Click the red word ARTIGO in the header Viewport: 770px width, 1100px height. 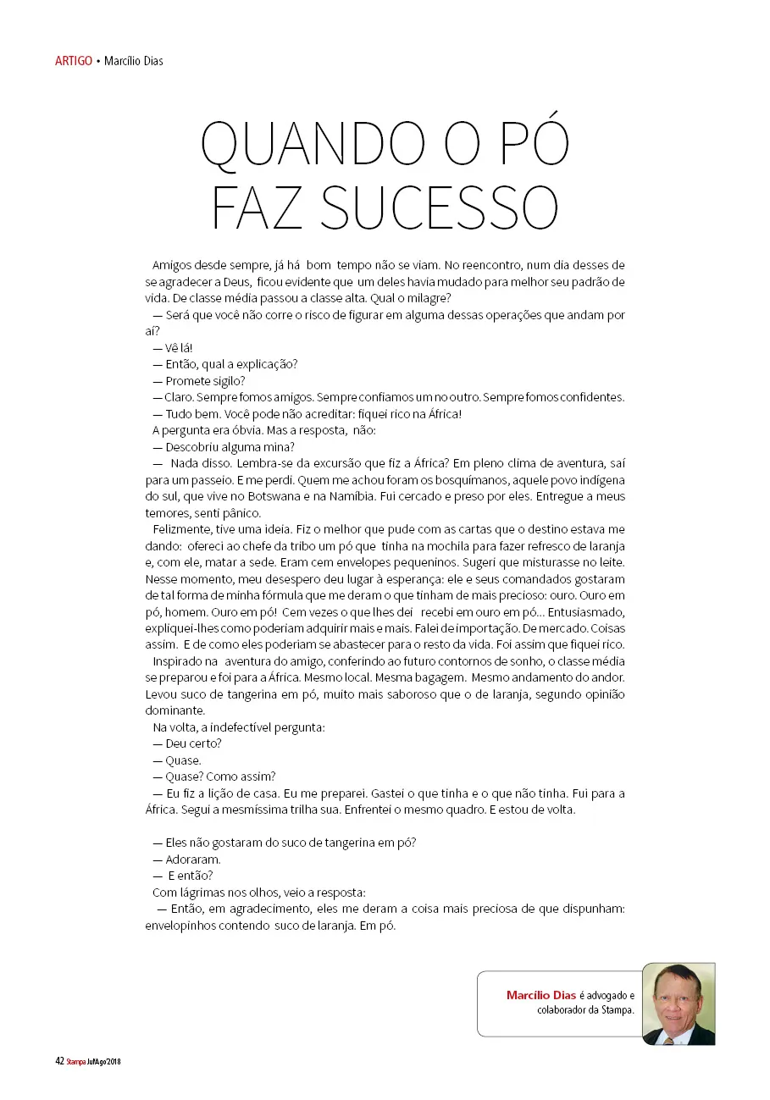pyautogui.click(x=73, y=61)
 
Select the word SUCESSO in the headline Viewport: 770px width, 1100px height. pyautogui.click(x=442, y=207)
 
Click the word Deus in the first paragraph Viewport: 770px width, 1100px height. pyautogui.click(x=224, y=282)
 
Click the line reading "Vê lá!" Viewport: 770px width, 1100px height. pyautogui.click(x=173, y=348)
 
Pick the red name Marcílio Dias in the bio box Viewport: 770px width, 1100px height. pyautogui.click(x=541, y=995)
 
